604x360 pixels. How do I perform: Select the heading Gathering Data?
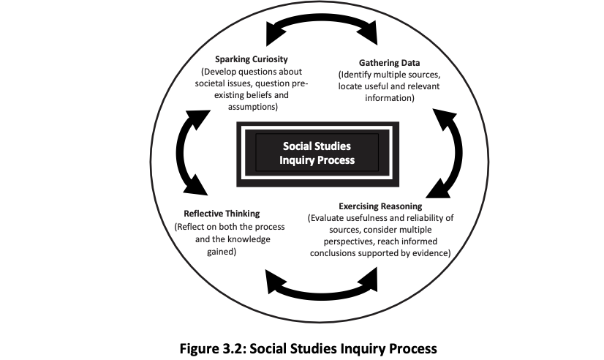point(390,63)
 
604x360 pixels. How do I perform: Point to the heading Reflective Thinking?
point(222,214)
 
